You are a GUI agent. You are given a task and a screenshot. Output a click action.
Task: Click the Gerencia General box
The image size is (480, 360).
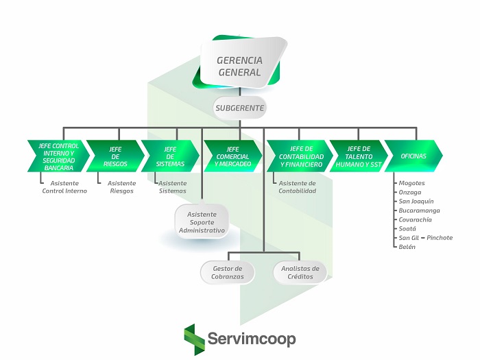[x=239, y=65]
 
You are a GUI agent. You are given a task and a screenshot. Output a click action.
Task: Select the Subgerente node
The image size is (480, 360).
[x=239, y=108]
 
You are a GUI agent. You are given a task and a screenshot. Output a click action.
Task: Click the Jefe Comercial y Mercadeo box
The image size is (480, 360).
[x=232, y=156]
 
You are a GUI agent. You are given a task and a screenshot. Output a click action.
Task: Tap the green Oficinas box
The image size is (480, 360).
[x=413, y=156]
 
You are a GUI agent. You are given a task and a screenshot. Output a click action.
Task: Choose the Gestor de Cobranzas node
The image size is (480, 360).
[x=228, y=272]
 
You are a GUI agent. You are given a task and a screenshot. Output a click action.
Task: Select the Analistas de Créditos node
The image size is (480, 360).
[x=300, y=272]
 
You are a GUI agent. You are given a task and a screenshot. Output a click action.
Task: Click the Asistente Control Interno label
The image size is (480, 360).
[x=64, y=187]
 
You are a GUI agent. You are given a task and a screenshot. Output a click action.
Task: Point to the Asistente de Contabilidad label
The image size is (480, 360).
[x=297, y=187]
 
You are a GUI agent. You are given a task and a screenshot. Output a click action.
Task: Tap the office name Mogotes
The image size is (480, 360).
[x=412, y=183]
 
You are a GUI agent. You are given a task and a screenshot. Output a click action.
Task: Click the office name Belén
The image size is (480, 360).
[x=408, y=246]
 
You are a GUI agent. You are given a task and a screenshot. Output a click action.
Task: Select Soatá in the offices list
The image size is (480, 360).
[x=408, y=228]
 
